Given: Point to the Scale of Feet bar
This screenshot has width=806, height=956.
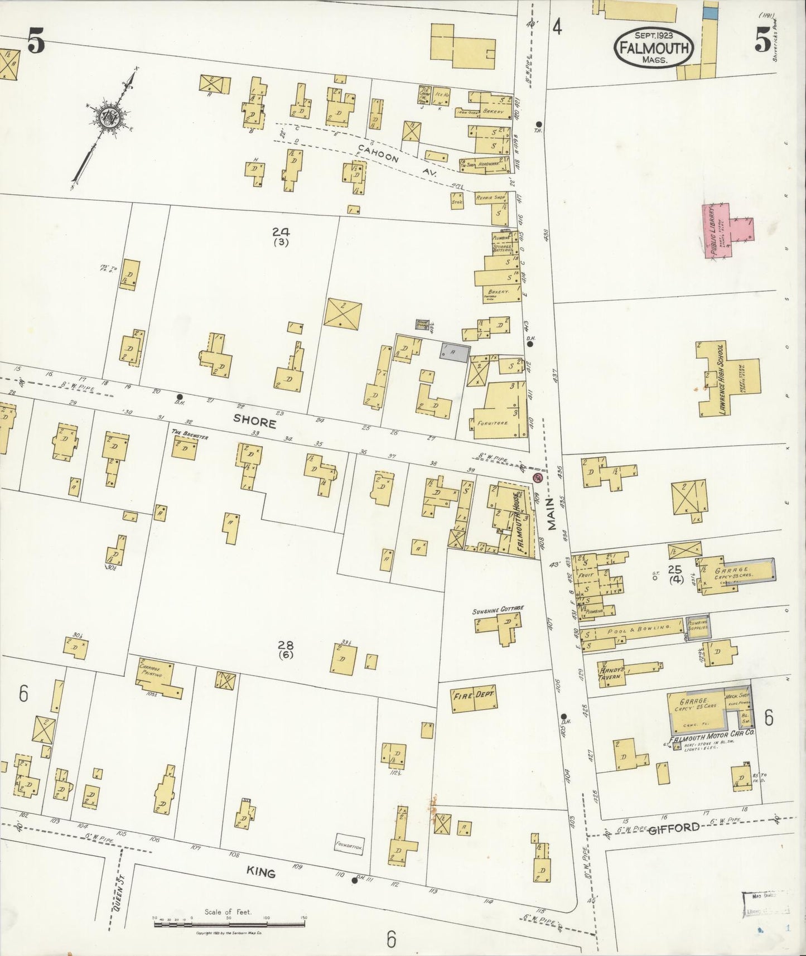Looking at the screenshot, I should tap(229, 920).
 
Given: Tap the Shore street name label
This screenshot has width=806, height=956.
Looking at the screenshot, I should tap(254, 423).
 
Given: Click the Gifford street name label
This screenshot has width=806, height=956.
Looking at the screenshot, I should tap(674, 828).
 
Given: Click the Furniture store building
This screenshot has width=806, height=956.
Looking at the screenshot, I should tap(500, 410).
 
